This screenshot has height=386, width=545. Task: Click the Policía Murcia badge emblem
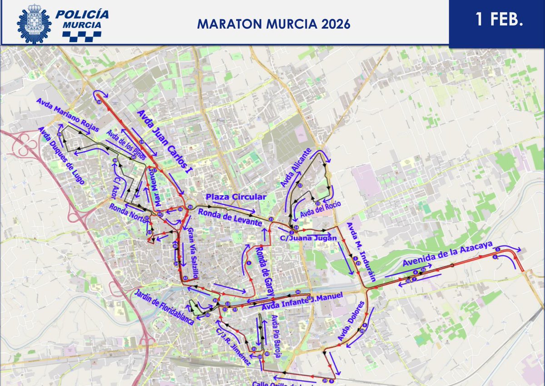[34, 23]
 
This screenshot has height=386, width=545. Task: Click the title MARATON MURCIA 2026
[273, 24]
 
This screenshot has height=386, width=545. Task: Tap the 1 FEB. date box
[497, 20]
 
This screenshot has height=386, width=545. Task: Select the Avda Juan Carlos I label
[165, 142]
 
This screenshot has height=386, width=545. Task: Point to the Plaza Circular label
[235, 197]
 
